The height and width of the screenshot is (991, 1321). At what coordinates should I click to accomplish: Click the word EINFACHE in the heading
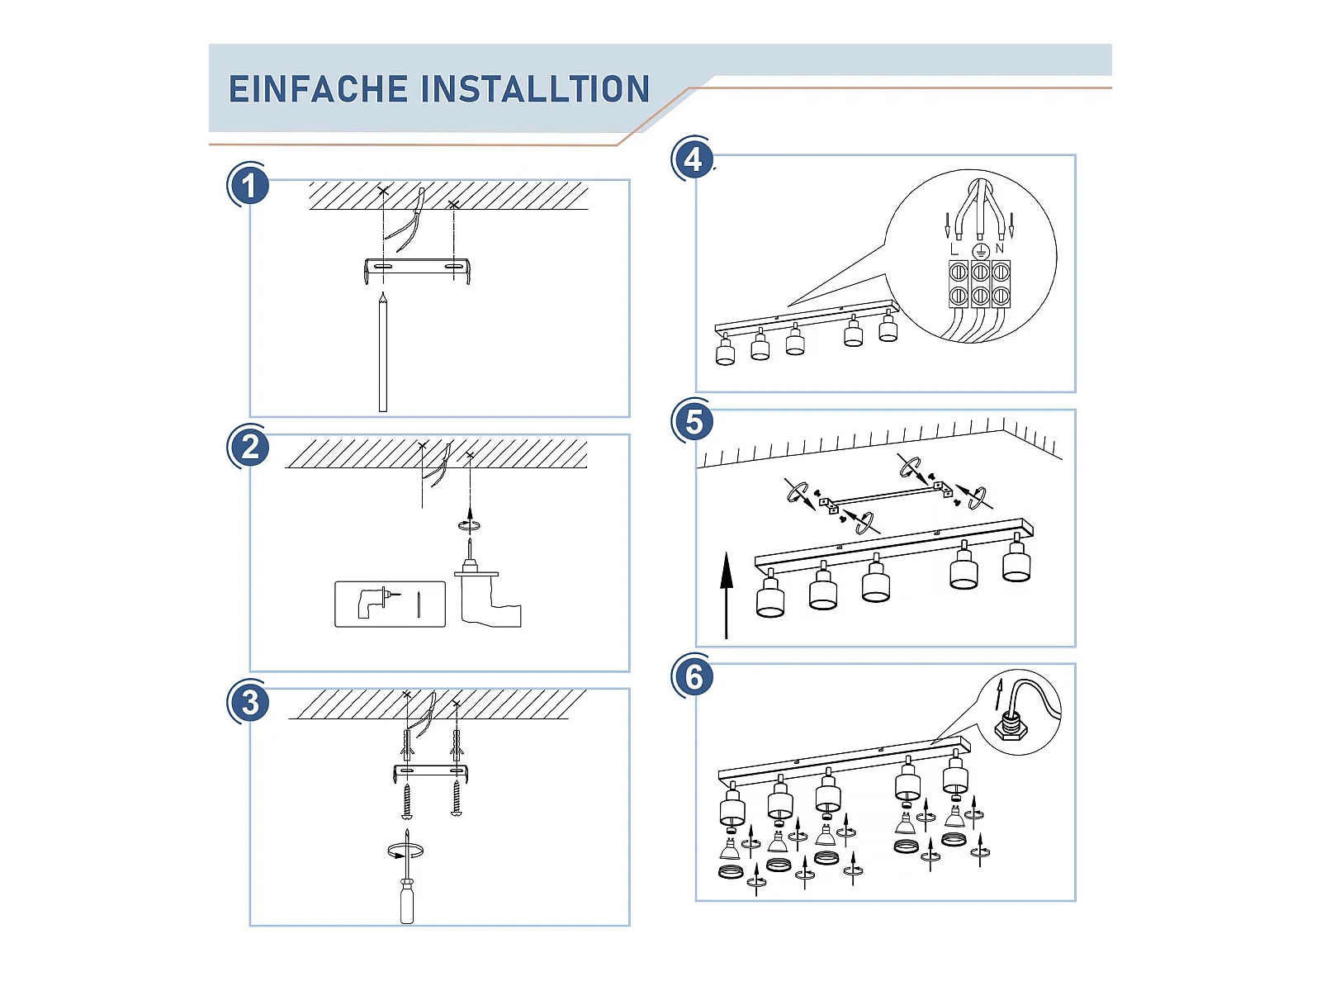(318, 89)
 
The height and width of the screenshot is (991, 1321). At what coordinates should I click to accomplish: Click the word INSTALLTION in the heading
(537, 89)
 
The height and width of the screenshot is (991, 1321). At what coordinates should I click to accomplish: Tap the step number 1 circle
(249, 185)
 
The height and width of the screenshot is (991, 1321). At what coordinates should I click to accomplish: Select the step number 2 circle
(249, 447)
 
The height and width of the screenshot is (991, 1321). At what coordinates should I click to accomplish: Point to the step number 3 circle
(249, 703)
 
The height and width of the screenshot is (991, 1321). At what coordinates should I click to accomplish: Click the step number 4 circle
(694, 159)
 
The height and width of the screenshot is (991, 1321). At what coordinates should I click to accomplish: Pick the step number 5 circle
(694, 421)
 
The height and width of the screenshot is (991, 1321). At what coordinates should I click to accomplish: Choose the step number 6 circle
(694, 676)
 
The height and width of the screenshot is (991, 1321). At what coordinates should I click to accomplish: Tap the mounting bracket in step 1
(417, 268)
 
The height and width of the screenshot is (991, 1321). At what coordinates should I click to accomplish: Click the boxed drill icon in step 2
(390, 604)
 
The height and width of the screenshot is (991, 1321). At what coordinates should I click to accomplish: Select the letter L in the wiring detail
(954, 249)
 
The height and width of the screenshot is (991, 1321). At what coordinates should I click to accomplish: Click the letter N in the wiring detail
(1000, 248)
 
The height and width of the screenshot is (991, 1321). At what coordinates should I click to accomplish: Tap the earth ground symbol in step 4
(980, 250)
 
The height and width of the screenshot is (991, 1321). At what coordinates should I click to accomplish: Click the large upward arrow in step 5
(727, 595)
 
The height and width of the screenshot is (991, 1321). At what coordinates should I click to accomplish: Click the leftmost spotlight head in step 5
(770, 596)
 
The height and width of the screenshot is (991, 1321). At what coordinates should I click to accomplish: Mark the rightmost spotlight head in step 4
(888, 328)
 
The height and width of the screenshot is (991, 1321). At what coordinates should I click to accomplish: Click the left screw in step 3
(406, 800)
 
